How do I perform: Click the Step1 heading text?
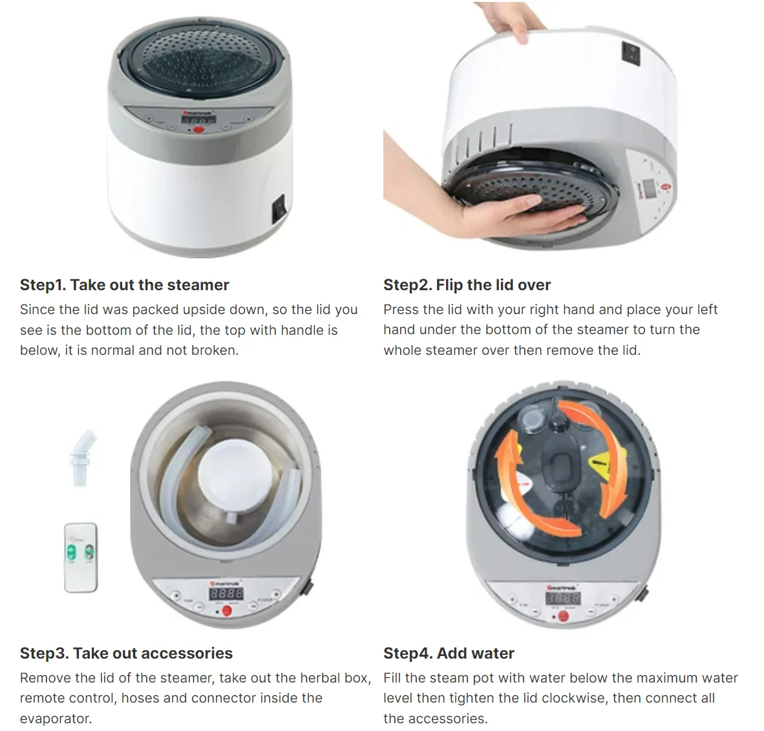124,285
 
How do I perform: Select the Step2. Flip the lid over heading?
467,285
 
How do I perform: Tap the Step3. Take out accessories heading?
126,653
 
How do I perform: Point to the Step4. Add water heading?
449,653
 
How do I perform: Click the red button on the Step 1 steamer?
198,131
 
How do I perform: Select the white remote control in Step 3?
81,556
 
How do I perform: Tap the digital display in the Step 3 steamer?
226,593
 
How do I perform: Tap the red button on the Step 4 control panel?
563,616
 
